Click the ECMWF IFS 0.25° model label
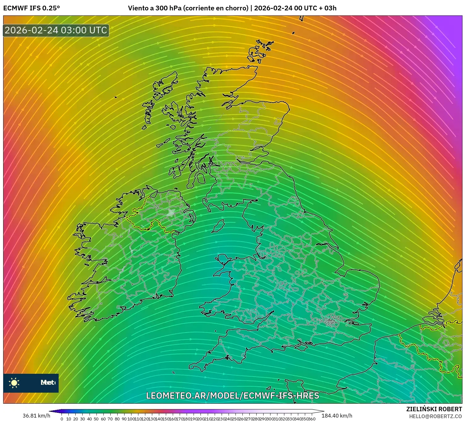click(x=32, y=8)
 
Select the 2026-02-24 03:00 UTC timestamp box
click(x=56, y=31)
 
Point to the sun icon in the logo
click(x=14, y=383)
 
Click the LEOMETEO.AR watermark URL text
click(x=232, y=395)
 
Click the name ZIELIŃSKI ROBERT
click(x=434, y=409)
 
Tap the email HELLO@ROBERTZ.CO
click(x=435, y=416)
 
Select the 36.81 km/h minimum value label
click(x=36, y=416)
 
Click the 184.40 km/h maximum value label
click(x=337, y=416)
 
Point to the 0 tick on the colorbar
click(x=62, y=419)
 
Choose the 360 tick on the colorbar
click(x=311, y=419)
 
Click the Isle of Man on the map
click(x=218, y=226)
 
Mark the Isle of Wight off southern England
click(x=301, y=347)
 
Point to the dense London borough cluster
click(x=330, y=321)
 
